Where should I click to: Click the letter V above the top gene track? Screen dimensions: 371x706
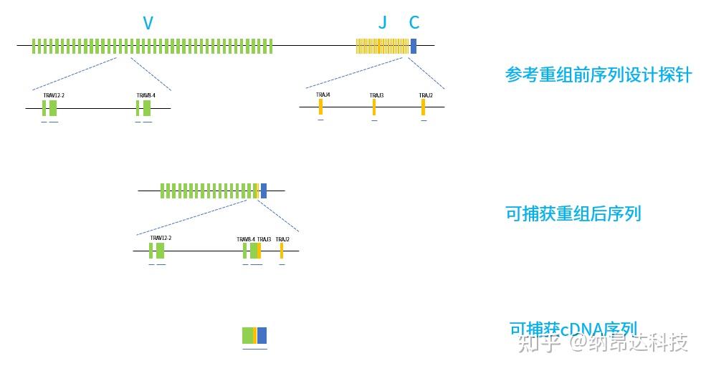[x=148, y=23]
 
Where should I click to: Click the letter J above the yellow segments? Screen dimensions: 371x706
[x=382, y=23]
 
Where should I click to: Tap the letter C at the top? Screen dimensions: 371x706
[x=414, y=23]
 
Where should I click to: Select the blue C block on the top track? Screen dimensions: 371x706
[x=414, y=46]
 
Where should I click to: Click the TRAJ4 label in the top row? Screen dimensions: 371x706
[x=323, y=95]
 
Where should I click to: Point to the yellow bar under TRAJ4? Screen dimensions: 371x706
[x=320, y=107]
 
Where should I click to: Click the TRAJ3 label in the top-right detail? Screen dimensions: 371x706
[x=376, y=95]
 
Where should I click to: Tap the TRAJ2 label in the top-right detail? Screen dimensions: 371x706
[x=426, y=95]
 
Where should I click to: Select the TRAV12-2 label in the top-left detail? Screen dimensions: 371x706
[x=54, y=95]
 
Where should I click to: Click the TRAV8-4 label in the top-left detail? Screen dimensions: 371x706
[x=146, y=95]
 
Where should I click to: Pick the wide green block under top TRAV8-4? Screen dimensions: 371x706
[x=147, y=108]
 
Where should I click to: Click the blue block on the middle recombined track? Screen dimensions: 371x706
[x=264, y=191]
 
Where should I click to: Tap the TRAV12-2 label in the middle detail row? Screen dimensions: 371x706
[x=161, y=238]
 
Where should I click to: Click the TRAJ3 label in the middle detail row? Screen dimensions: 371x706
[x=264, y=239]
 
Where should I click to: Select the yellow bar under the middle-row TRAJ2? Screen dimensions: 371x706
[x=282, y=251]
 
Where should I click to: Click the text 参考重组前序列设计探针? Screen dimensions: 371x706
[x=598, y=74]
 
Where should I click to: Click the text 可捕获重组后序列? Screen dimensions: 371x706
[x=573, y=213]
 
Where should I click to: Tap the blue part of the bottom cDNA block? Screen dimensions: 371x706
[x=262, y=335]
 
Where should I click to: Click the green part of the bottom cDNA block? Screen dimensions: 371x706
[x=247, y=335]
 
